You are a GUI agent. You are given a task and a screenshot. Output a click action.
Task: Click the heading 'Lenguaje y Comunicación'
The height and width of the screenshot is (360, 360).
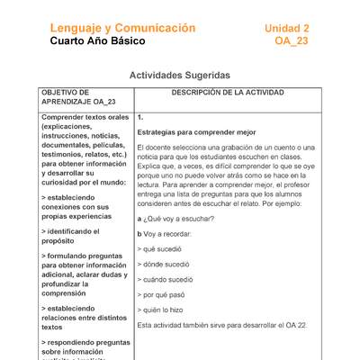point(122,29)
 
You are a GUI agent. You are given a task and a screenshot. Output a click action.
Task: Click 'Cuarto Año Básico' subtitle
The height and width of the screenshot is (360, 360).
point(95,42)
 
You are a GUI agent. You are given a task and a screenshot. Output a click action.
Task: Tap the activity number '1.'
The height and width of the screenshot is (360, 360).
point(141,118)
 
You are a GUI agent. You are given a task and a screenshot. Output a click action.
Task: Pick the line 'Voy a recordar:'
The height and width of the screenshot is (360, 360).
point(168,232)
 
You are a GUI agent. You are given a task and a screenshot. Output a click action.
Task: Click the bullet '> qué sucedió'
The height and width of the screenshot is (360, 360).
point(163,247)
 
